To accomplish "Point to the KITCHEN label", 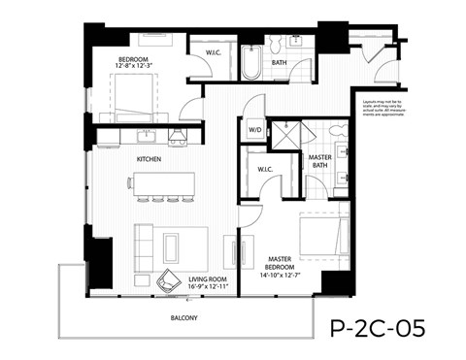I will tap(149, 158).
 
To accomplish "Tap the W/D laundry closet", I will tap(257, 129).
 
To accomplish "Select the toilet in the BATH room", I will tap(275, 44).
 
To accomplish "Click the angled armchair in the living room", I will tap(171, 278).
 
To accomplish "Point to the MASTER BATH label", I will tap(319, 161).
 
